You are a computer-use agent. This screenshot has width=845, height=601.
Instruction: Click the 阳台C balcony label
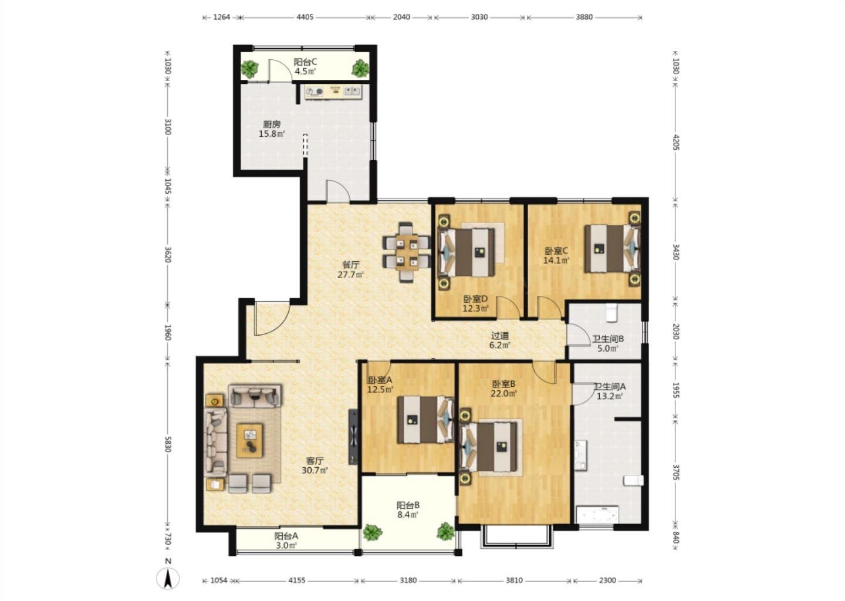coord(305,62)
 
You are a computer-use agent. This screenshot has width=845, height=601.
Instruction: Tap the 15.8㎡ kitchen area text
coord(272,134)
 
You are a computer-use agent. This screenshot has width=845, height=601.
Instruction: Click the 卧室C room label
coord(556,251)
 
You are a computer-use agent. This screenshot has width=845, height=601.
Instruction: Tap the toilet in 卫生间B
coord(611,313)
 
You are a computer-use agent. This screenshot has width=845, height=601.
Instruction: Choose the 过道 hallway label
coord(500,335)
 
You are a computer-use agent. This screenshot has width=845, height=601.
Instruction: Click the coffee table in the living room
coord(249,440)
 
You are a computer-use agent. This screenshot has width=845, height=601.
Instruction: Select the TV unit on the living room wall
coord(353,437)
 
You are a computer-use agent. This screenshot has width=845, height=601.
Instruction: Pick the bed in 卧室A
coord(425,419)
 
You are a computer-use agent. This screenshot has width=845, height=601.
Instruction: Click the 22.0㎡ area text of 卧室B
coord(503,394)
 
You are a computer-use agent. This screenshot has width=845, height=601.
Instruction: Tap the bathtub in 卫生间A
coord(597,515)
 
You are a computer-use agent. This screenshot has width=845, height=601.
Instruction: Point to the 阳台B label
coord(408,505)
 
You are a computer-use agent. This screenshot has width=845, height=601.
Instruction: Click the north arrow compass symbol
coord(168,578)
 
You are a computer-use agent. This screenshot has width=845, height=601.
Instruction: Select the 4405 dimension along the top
coord(305,17)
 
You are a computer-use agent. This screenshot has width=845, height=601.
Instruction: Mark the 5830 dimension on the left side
coord(168,444)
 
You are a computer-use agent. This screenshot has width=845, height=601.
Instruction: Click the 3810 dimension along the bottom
coord(514,580)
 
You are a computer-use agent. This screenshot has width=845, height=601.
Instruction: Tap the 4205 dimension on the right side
coord(675,142)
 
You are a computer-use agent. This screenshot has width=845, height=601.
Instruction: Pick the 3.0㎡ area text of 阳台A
coord(286,545)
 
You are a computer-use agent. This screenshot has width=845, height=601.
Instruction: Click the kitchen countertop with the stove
coord(333,92)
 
